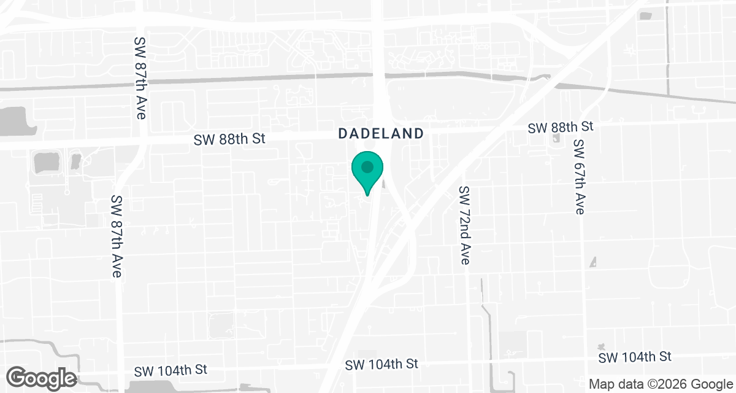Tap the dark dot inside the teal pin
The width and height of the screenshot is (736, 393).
[367, 166]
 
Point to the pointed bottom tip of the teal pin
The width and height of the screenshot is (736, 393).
[367, 195]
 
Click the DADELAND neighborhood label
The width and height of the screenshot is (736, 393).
[381, 133]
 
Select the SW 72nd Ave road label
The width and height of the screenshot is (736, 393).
[465, 225]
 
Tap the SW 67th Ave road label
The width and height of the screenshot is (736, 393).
[578, 177]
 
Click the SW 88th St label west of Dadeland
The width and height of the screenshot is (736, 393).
[229, 139]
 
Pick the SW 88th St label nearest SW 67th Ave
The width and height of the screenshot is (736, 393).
[561, 127]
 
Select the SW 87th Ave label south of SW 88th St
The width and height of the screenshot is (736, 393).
[116, 237]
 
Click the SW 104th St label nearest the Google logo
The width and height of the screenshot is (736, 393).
[171, 370]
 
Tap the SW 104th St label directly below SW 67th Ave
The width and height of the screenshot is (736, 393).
[635, 357]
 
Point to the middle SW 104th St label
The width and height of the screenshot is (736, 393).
[381, 364]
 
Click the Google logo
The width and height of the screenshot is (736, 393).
[42, 378]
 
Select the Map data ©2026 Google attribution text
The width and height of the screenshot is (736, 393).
[660, 384]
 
